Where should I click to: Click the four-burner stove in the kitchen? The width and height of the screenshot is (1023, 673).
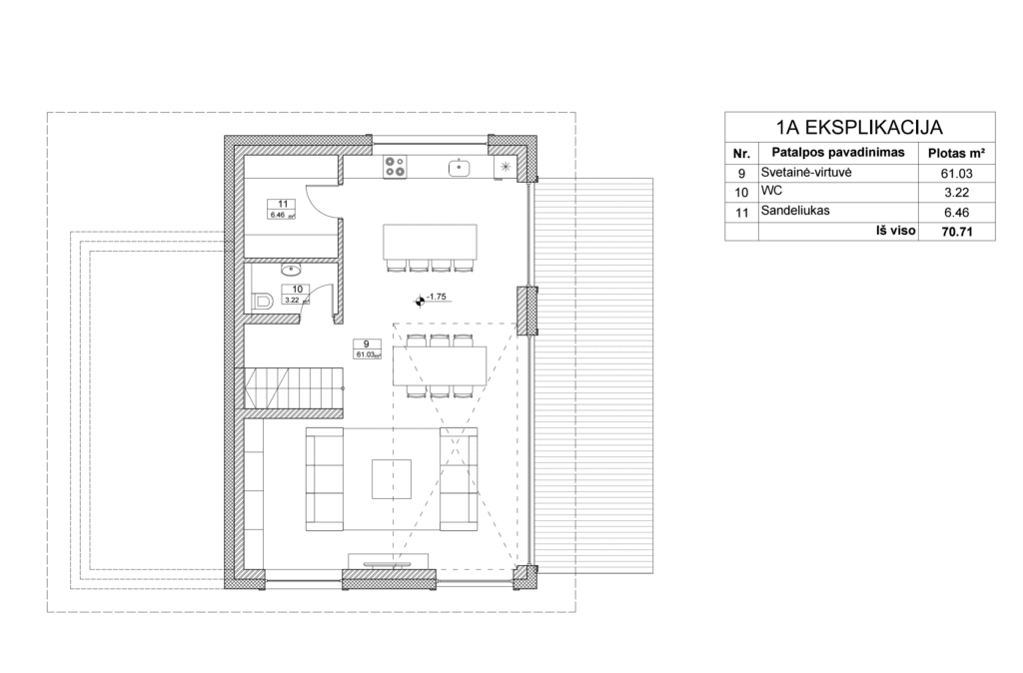click(395, 167)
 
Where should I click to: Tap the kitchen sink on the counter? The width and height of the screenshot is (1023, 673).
click(460, 167)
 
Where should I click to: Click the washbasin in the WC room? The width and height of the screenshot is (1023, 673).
click(290, 269)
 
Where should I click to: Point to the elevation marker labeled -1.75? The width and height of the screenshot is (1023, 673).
click(420, 301)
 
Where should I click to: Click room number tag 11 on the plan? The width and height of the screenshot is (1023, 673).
click(283, 204)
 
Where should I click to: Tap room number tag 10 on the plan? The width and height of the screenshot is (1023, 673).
click(296, 290)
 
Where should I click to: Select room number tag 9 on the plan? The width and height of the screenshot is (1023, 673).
click(367, 344)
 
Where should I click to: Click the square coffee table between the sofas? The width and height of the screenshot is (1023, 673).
click(392, 478)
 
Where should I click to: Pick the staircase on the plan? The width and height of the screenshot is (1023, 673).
click(294, 388)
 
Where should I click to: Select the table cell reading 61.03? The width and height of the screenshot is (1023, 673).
click(956, 174)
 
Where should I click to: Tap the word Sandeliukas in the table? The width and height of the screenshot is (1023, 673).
click(795, 211)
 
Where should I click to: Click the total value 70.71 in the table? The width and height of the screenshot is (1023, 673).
click(956, 231)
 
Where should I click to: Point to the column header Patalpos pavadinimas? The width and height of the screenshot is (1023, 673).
click(838, 153)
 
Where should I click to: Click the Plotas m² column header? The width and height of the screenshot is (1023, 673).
click(956, 154)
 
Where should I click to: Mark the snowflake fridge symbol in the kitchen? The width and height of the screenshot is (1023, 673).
click(506, 167)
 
